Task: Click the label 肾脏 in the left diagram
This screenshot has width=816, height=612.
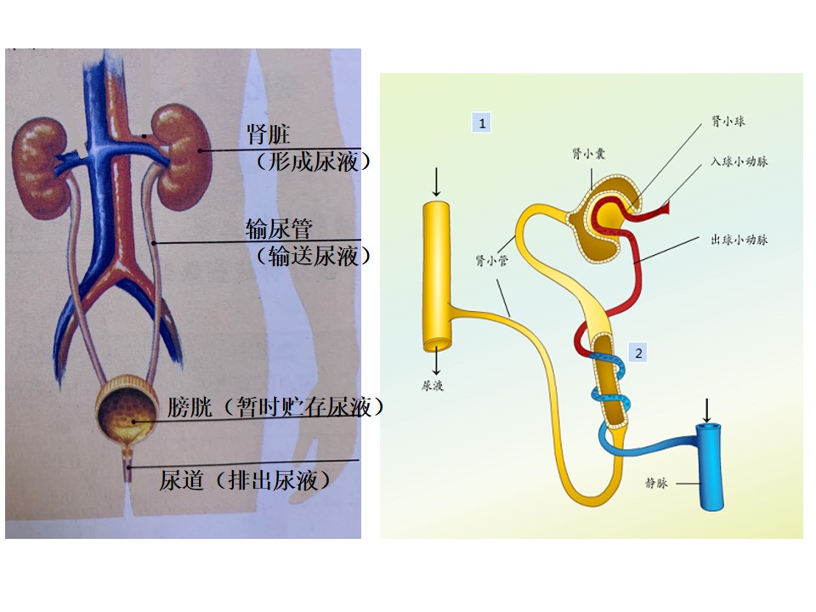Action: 268,134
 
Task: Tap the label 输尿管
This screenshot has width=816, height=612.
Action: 279,229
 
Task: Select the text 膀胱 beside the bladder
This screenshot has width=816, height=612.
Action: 190,407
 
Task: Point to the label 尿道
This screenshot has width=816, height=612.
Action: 181,480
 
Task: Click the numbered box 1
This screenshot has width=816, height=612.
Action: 482,123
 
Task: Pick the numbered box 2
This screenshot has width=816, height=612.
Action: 638,353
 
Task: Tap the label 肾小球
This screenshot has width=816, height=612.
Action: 728,122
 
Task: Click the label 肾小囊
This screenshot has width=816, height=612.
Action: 588,154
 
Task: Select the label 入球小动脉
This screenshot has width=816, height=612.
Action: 739,161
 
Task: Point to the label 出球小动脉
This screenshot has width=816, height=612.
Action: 739,240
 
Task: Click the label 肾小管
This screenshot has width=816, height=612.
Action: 491,260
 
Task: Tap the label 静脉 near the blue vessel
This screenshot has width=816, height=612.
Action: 656,483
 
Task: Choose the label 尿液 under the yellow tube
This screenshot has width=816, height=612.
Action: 433,386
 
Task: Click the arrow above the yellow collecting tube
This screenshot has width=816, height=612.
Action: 436,182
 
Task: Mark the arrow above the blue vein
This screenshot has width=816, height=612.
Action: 706,411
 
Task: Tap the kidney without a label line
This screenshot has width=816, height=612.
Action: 42,167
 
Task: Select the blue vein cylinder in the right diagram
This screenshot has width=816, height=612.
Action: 710,467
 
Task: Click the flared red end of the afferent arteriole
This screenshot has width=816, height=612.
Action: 664,209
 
